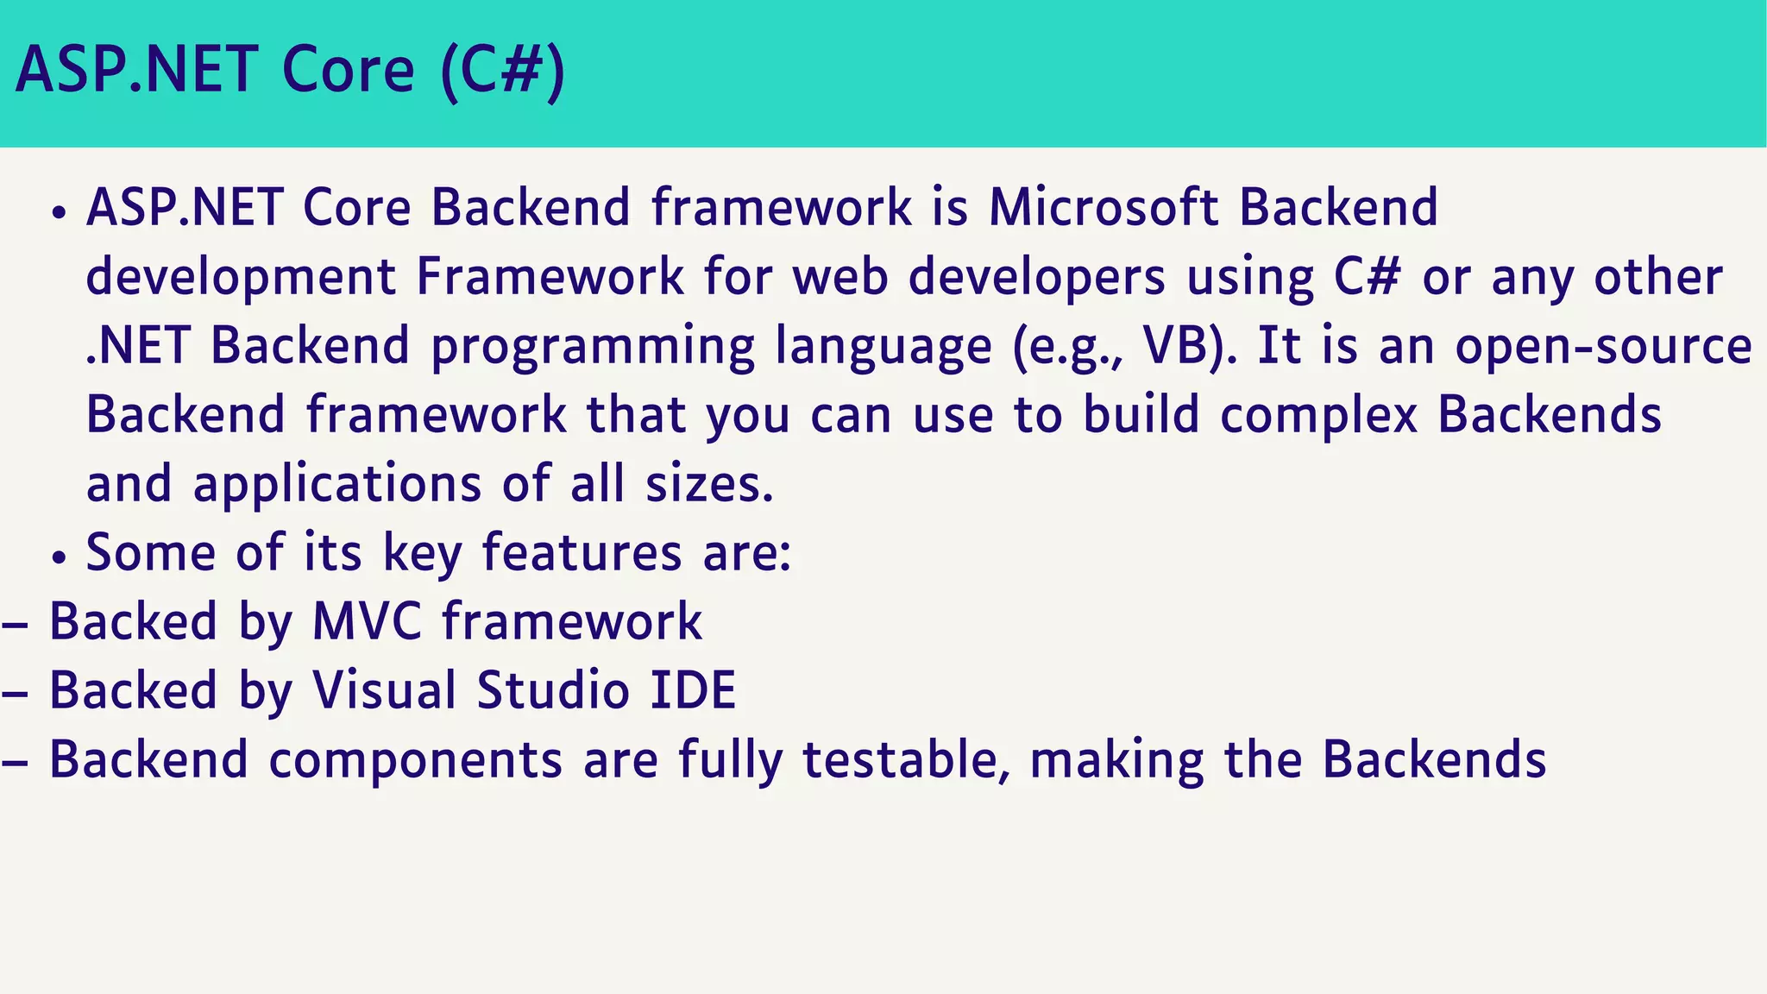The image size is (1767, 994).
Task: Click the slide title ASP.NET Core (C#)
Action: [290, 71]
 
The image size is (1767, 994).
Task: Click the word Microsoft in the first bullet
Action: [1103, 208]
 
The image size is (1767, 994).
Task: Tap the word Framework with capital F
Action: [550, 277]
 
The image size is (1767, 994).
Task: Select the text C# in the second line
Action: [1367, 277]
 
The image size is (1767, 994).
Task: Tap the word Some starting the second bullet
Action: [150, 553]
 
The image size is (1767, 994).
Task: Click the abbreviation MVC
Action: [367, 622]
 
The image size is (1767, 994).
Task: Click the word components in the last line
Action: [416, 760]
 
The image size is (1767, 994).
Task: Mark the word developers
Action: [1036, 277]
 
